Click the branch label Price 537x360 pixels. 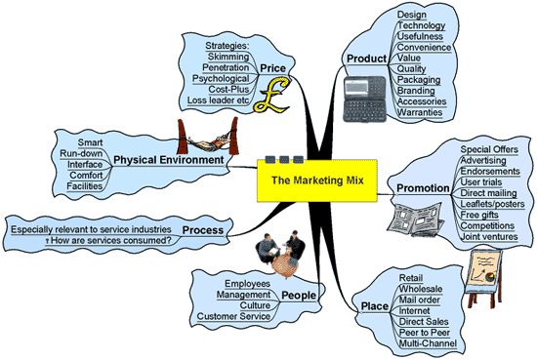click(272, 67)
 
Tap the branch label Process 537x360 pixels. click(202, 231)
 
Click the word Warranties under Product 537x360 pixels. click(421, 113)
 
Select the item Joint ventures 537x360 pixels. click(490, 236)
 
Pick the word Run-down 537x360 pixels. click(77, 153)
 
